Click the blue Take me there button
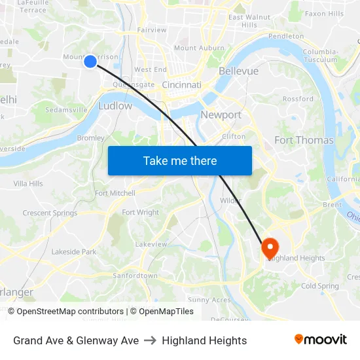180,161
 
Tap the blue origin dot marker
90,62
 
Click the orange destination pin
270,248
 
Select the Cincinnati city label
181,85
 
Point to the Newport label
221,115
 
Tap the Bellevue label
238,71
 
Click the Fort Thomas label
304,140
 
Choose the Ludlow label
115,105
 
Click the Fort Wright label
140,213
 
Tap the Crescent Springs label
50,213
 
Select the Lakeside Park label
74,252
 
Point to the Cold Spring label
320,286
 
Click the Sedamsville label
67,110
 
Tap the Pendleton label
286,36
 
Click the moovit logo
320,340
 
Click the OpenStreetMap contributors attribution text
70,312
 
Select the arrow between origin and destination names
151,340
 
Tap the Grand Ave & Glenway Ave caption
76,340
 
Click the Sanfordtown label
135,276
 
